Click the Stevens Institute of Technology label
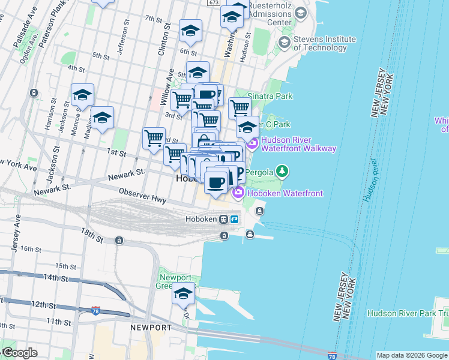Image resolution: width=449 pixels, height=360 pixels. (x=324, y=43)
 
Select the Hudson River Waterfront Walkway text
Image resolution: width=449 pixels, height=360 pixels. (x=298, y=144)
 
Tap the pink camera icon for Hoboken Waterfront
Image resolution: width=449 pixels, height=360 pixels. (x=238, y=193)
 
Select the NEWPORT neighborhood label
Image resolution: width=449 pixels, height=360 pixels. (x=150, y=328)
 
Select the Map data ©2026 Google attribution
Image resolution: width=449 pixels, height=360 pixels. (x=412, y=355)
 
